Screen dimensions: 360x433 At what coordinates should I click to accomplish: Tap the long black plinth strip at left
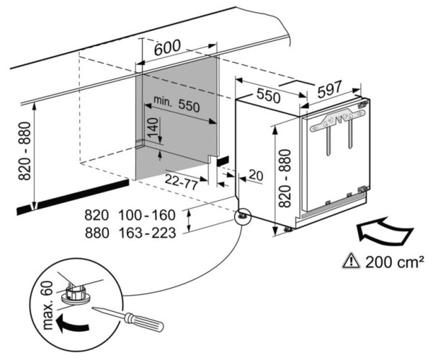click(x=72, y=195)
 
